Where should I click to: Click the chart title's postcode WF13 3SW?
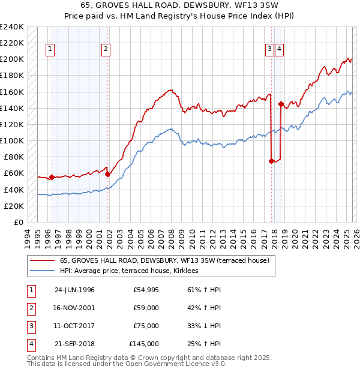point(240,5)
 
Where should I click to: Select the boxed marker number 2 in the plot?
point(106,50)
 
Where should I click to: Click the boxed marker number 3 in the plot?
point(270,50)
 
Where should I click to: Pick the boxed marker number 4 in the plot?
point(280,50)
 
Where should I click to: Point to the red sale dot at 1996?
point(52,177)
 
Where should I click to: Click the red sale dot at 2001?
point(108,174)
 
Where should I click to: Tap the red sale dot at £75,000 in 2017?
point(271,161)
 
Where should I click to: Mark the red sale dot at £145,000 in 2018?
point(281,104)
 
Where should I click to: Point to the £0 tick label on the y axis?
point(18,222)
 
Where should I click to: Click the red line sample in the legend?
point(42,260)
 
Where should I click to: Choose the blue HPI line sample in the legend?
point(42,271)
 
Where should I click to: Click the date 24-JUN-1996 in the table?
point(74,290)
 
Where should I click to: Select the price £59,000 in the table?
point(146,308)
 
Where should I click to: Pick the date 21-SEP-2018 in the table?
point(74,344)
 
